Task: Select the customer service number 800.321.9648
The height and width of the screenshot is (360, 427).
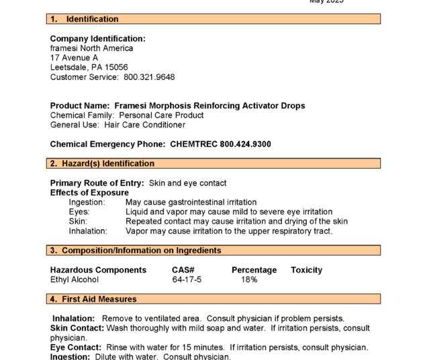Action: point(149,77)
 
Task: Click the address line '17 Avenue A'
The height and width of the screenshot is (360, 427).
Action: point(74,58)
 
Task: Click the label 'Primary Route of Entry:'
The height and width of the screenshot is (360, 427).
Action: point(97,183)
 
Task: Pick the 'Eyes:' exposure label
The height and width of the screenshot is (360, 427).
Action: point(79,212)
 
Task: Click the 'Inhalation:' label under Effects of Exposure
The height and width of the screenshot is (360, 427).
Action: point(88,231)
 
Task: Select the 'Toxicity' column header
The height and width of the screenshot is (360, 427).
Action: point(306,270)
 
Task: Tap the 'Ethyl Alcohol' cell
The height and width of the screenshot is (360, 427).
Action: point(75,279)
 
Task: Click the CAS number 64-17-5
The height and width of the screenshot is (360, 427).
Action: point(187,279)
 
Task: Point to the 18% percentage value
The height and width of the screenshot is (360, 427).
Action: point(249,279)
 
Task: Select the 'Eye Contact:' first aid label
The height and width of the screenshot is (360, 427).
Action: point(77,348)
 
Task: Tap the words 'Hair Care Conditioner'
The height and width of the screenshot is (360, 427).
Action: point(144,125)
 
